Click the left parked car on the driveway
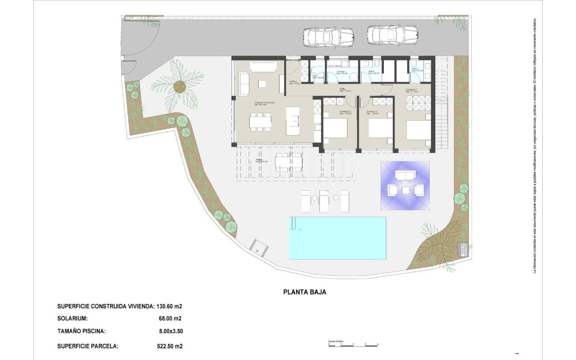click(x=328, y=37)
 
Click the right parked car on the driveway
click(x=392, y=35)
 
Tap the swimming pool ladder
click(x=293, y=223)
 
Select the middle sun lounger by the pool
click(x=324, y=201)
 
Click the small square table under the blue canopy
click(x=405, y=190)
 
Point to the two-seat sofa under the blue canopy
click(x=405, y=175)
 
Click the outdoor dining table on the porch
click(x=288, y=162)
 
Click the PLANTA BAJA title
click(x=305, y=292)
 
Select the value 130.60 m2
click(x=169, y=306)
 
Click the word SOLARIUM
click(x=72, y=319)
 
